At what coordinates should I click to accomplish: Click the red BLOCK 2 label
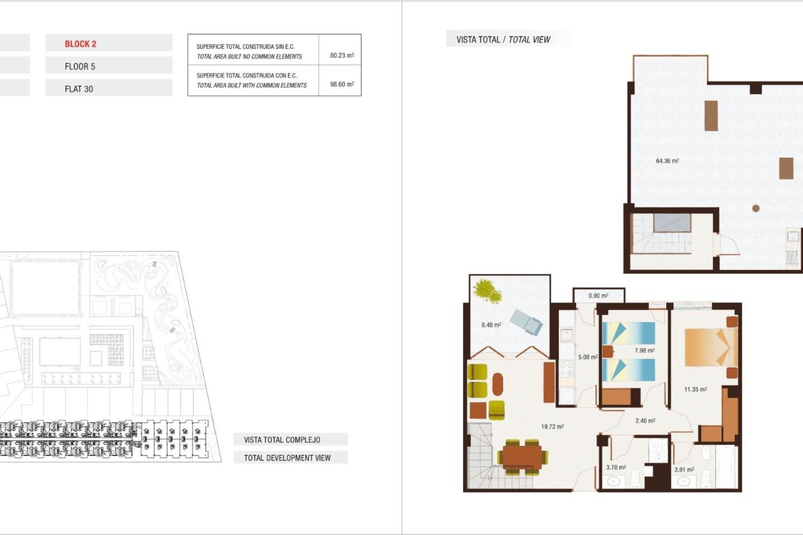(x=80, y=44)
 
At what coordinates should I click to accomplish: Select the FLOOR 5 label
(x=80, y=66)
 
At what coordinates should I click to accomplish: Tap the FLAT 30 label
(x=79, y=89)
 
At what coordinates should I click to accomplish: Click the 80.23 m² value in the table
(x=342, y=55)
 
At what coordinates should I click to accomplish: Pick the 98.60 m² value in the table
(x=342, y=84)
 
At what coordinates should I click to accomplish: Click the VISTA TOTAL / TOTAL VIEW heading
(x=503, y=40)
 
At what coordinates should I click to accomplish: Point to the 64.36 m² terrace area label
(x=667, y=161)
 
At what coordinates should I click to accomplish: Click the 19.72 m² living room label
(x=552, y=427)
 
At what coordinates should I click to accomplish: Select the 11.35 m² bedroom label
(x=695, y=389)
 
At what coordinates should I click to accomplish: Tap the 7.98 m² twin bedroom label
(x=644, y=351)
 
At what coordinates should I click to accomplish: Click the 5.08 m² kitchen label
(x=588, y=357)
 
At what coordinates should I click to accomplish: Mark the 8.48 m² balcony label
(x=491, y=325)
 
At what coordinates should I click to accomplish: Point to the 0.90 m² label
(x=598, y=296)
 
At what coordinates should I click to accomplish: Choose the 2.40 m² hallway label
(x=645, y=420)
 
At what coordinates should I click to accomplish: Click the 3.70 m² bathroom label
(x=616, y=467)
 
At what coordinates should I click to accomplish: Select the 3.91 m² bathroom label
(x=684, y=469)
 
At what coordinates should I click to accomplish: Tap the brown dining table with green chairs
(x=522, y=457)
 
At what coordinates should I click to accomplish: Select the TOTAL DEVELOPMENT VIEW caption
(x=287, y=458)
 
